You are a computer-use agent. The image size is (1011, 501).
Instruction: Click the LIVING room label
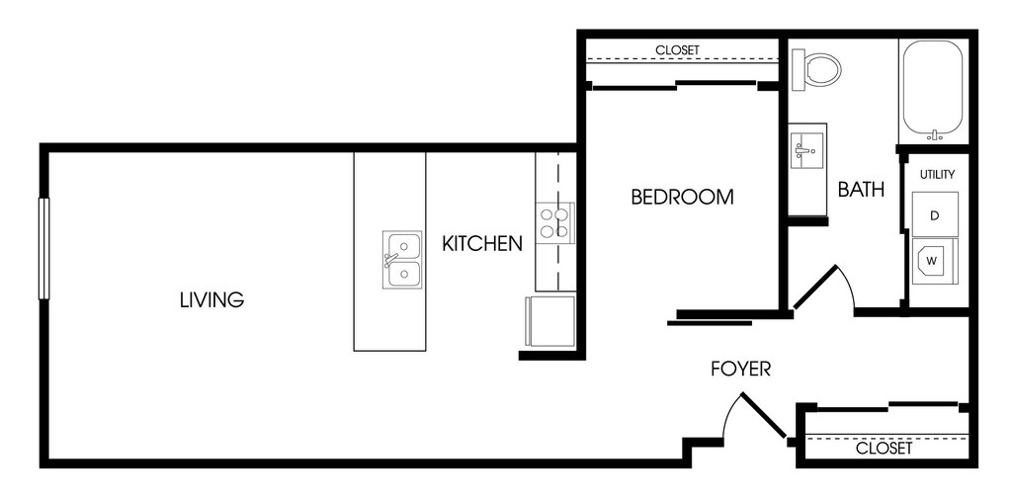(211, 299)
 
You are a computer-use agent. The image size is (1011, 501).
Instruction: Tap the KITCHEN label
(482, 243)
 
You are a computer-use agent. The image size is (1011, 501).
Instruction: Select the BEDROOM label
(682, 197)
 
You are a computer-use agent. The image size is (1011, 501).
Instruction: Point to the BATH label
(861, 189)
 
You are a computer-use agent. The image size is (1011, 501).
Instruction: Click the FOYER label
(741, 369)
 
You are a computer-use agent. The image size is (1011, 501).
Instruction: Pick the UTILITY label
(937, 174)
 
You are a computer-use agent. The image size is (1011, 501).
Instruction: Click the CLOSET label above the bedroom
(678, 49)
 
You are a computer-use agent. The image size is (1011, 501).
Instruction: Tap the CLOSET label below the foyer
(884, 448)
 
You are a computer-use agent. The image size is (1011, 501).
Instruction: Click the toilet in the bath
(815, 68)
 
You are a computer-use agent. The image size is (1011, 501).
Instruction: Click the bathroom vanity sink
(806, 151)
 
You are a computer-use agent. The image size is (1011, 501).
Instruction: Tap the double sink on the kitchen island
(402, 260)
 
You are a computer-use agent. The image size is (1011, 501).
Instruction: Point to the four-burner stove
(554, 223)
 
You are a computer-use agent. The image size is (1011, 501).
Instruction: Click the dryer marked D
(935, 214)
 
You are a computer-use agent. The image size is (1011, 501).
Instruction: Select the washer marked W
(935, 261)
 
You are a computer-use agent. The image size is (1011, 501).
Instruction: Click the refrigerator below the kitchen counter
(550, 321)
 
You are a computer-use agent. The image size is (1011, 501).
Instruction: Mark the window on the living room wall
(43, 249)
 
